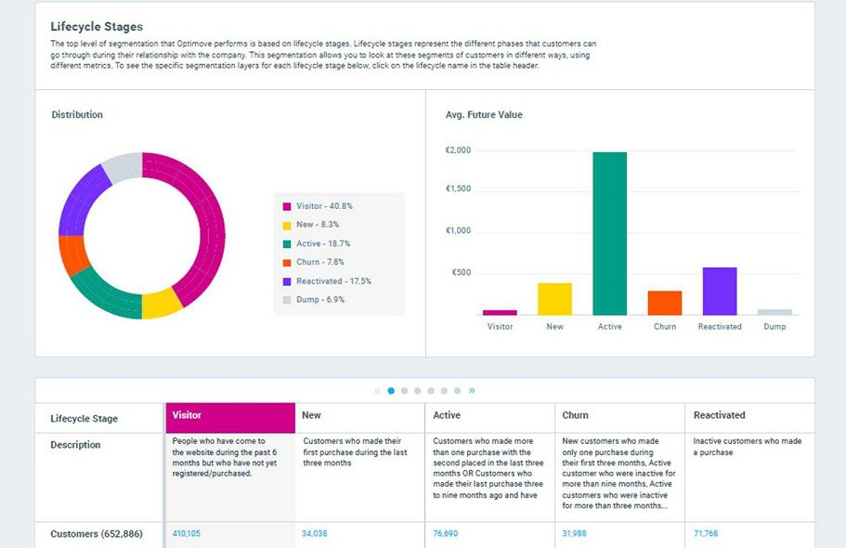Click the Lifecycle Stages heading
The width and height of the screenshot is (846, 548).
(97, 27)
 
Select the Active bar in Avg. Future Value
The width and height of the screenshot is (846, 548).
(609, 234)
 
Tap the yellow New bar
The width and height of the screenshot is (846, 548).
(554, 299)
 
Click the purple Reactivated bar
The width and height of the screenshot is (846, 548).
(720, 292)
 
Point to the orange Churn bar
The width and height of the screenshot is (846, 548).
(665, 303)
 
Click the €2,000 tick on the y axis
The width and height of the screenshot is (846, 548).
(458, 150)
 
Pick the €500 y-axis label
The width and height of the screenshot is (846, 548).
(461, 273)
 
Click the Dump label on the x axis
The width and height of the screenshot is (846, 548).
(774, 327)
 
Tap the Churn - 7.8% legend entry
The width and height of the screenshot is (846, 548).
(323, 263)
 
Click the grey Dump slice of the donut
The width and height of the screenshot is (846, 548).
(121, 168)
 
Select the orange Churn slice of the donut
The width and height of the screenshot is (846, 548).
(73, 254)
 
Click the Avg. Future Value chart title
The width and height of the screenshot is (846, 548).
(484, 115)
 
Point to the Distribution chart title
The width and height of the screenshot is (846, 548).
(77, 115)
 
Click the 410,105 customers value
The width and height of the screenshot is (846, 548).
(187, 534)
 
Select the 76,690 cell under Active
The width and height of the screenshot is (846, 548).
(446, 534)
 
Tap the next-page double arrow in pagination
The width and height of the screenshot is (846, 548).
(472, 391)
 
